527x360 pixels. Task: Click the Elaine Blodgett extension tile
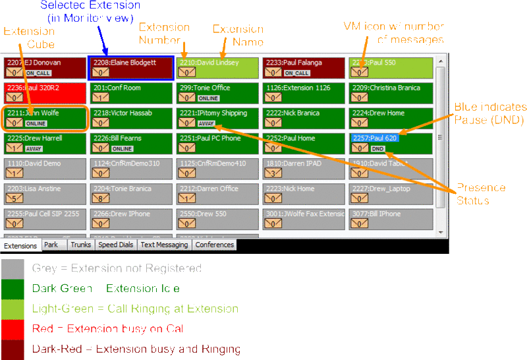click(130, 68)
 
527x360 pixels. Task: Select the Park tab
click(51, 245)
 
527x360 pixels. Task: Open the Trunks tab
click(80, 245)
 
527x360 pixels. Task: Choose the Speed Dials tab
click(115, 245)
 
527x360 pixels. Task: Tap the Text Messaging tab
click(164, 245)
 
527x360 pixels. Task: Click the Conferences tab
click(215, 245)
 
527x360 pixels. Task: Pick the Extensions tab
click(20, 246)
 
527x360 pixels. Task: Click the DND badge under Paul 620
click(377, 149)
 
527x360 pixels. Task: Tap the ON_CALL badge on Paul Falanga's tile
click(297, 73)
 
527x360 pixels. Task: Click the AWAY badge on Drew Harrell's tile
click(34, 149)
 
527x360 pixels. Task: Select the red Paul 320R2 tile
click(44, 93)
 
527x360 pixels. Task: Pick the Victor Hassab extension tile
click(130, 118)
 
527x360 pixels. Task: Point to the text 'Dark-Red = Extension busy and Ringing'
click(136, 349)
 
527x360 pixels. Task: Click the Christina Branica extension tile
click(391, 93)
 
